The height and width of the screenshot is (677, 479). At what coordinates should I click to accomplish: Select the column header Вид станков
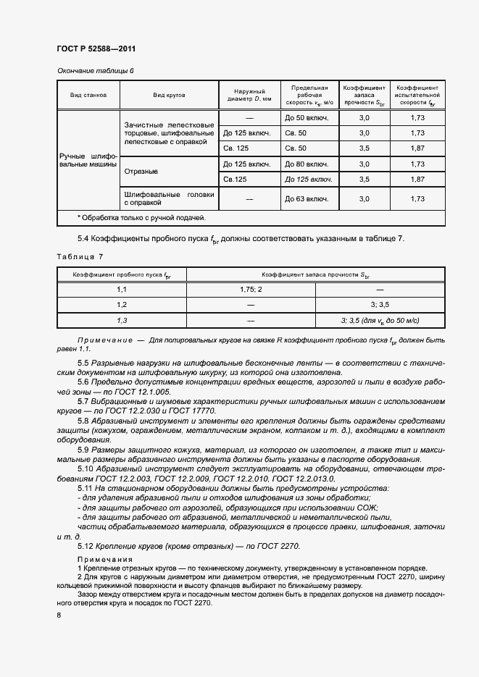click(x=88, y=95)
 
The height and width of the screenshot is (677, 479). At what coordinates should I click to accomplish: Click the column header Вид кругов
click(x=170, y=95)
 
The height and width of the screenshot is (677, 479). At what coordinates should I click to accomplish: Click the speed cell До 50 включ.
click(x=307, y=117)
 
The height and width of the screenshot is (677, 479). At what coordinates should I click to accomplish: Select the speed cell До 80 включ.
click(x=307, y=164)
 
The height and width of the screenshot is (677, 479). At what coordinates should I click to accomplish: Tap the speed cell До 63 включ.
click(x=307, y=198)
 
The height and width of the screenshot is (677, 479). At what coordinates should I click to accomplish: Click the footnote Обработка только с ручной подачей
click(x=141, y=218)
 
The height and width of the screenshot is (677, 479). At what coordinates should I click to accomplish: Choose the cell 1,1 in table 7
click(x=122, y=289)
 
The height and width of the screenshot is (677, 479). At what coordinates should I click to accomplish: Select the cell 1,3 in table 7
click(x=122, y=320)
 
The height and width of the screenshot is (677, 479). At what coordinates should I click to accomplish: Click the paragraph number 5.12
click(x=87, y=545)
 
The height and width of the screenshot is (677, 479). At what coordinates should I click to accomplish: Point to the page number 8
click(x=59, y=615)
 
